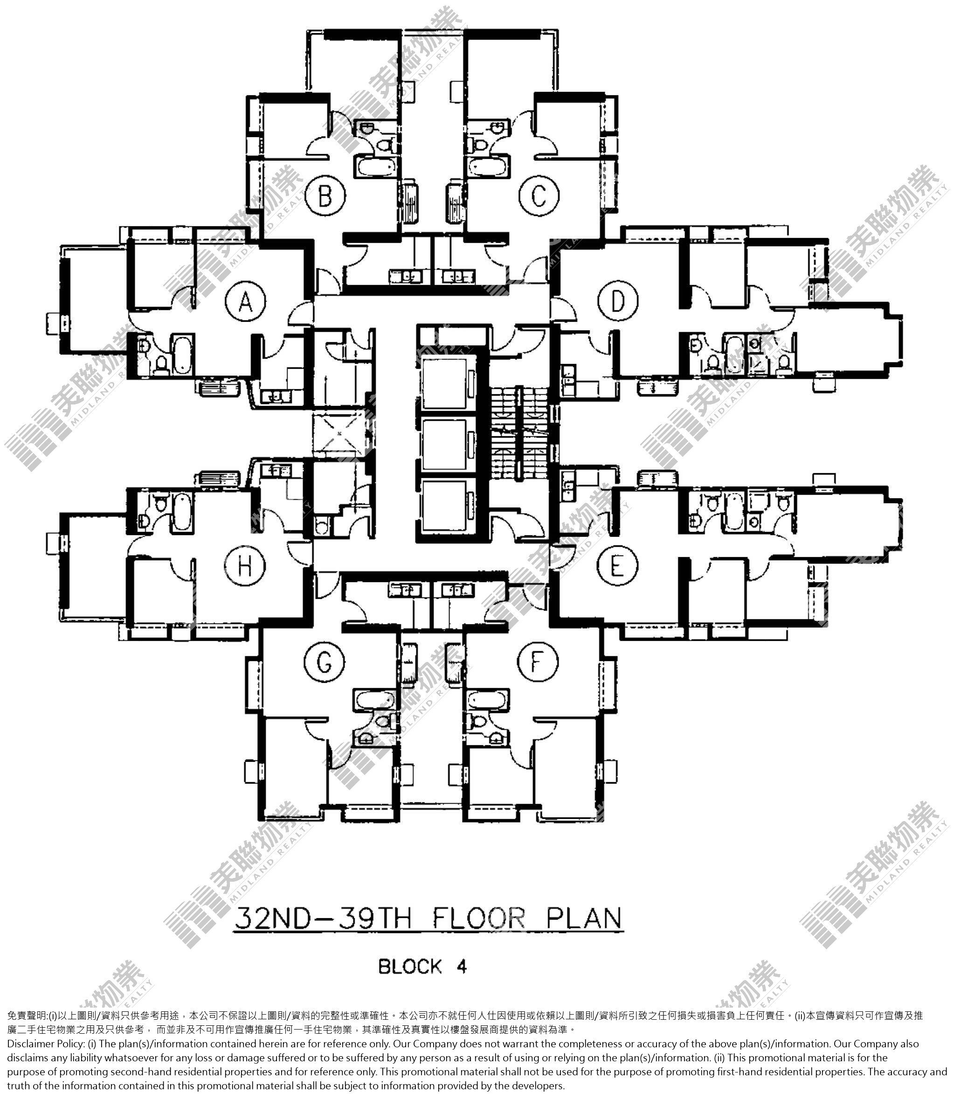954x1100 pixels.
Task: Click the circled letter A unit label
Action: point(245,303)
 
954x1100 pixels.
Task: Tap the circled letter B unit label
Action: point(325,195)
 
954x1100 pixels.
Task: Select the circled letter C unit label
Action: point(539,195)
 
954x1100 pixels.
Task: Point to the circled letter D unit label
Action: point(617,302)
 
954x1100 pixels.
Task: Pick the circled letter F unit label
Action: point(537,661)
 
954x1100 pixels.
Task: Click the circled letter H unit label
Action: point(244,566)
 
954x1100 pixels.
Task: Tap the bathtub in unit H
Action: point(181,512)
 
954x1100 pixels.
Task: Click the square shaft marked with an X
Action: point(339,435)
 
